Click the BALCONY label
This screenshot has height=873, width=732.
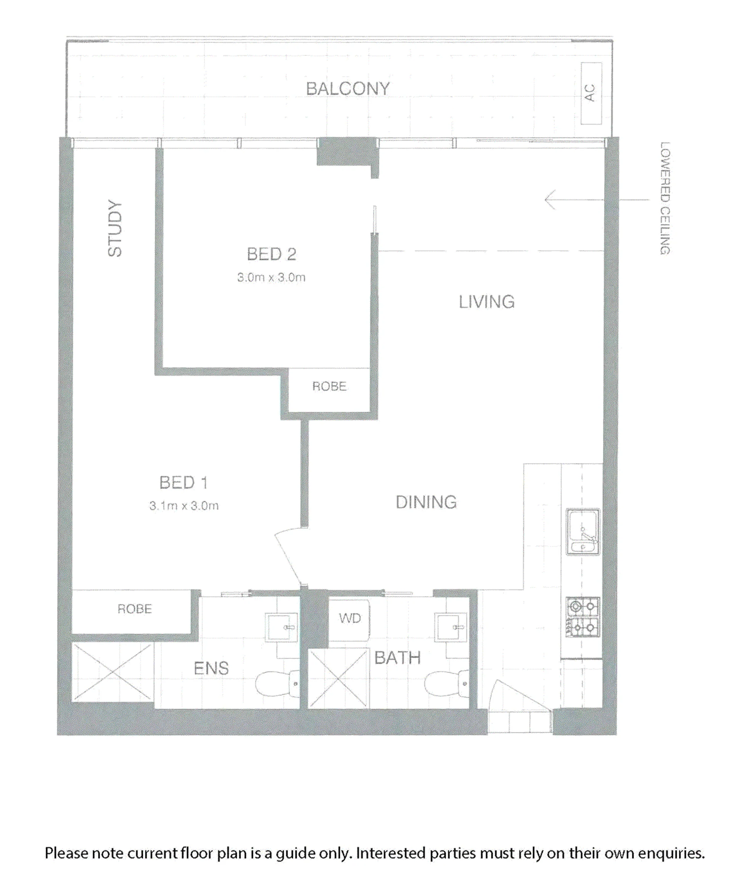pos(348,88)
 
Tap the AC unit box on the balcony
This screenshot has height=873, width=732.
pos(591,93)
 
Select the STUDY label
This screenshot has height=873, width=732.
pos(115,228)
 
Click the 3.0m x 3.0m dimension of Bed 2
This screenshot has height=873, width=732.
pos(271,277)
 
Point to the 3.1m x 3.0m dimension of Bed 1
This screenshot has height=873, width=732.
pos(184,506)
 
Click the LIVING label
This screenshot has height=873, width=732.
pos(487,302)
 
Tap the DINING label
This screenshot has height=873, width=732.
pos(426,502)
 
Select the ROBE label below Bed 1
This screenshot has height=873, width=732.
pos(134,609)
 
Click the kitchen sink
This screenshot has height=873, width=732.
pos(583,532)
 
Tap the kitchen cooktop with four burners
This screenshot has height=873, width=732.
pos(583,617)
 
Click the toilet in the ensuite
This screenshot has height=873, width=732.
pos(277,684)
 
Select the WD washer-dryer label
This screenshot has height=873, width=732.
pos(350,618)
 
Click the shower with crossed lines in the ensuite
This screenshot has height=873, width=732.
pos(113,672)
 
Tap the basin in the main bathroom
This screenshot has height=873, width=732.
pos(450,627)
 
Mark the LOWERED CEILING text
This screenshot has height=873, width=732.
pos(665,198)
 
